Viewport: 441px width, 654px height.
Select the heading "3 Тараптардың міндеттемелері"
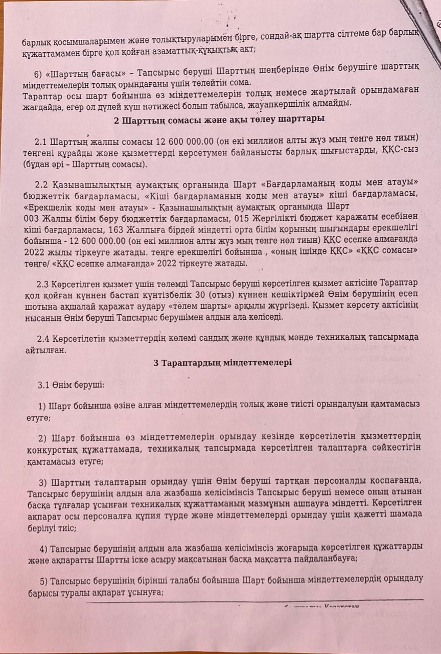pos(222,362)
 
